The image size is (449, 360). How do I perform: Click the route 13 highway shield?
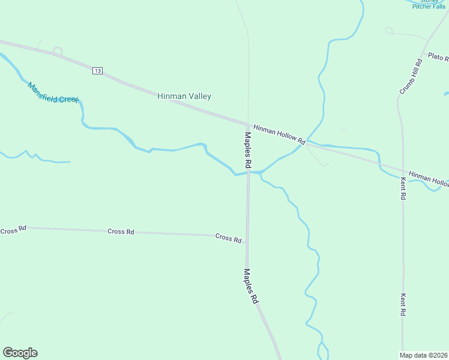tap(98, 71)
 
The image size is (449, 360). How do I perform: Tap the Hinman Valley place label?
tap(184, 96)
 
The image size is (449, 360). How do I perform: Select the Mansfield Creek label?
tap(53, 92)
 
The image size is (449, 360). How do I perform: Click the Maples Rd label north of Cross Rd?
tap(248, 149)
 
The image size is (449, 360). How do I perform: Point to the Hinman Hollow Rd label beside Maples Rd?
tap(279, 135)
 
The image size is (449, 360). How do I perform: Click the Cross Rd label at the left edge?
tap(13, 230)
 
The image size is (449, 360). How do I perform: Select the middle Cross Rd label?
tap(121, 232)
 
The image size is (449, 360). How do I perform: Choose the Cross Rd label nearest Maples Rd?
tap(228, 238)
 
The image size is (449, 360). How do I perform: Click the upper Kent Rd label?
tap(403, 188)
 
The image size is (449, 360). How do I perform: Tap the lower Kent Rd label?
tap(403, 305)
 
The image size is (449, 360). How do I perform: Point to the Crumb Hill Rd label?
tap(411, 77)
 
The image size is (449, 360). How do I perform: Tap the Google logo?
tap(20, 353)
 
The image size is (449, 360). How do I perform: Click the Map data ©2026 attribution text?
tap(424, 355)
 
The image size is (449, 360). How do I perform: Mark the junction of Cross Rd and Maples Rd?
tap(247, 235)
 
